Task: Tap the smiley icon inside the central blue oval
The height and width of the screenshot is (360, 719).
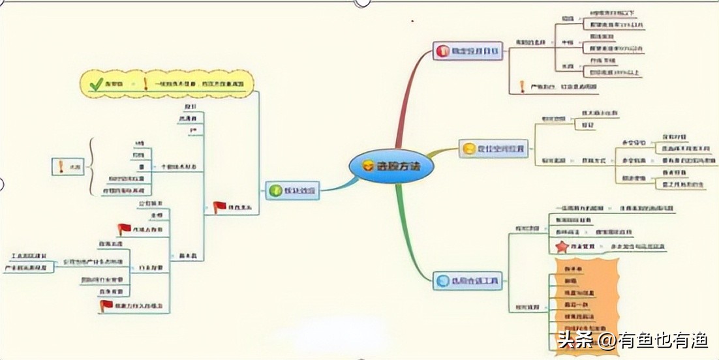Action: pos(369,166)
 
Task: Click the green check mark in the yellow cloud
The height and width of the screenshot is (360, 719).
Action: pos(97,83)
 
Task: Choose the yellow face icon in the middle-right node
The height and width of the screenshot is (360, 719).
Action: pos(468,148)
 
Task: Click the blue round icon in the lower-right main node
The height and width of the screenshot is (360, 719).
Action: pos(442,282)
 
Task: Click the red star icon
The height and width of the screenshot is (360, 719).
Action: pos(561,247)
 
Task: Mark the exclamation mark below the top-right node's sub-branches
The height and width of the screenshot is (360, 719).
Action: pos(522,85)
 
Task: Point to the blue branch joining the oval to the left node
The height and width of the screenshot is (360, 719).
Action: pos(333,185)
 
